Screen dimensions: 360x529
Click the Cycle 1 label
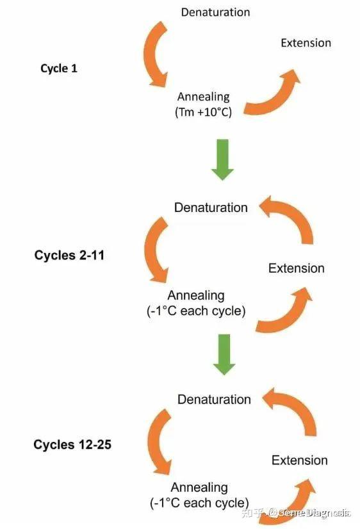point(59,69)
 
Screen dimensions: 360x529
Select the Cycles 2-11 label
point(69,255)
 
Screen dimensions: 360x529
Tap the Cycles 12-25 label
point(72,444)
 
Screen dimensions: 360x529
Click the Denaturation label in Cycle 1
point(215,12)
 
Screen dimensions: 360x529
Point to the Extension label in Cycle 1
point(306,43)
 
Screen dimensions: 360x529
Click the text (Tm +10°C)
point(203,111)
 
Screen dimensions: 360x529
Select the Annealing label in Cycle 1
point(204,97)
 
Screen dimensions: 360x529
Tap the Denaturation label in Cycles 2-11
point(211,208)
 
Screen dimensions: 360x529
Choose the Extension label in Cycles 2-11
point(296,268)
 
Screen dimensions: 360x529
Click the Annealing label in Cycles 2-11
point(196,295)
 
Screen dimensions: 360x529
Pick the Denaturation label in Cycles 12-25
point(214,400)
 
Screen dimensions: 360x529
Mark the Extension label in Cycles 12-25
point(300,460)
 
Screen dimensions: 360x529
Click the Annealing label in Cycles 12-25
point(199,487)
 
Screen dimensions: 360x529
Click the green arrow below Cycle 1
point(222,159)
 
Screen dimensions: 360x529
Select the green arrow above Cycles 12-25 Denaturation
point(224,354)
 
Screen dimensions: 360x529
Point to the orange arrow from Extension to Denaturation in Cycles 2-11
point(297,213)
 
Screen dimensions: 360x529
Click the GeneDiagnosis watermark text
point(314,513)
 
